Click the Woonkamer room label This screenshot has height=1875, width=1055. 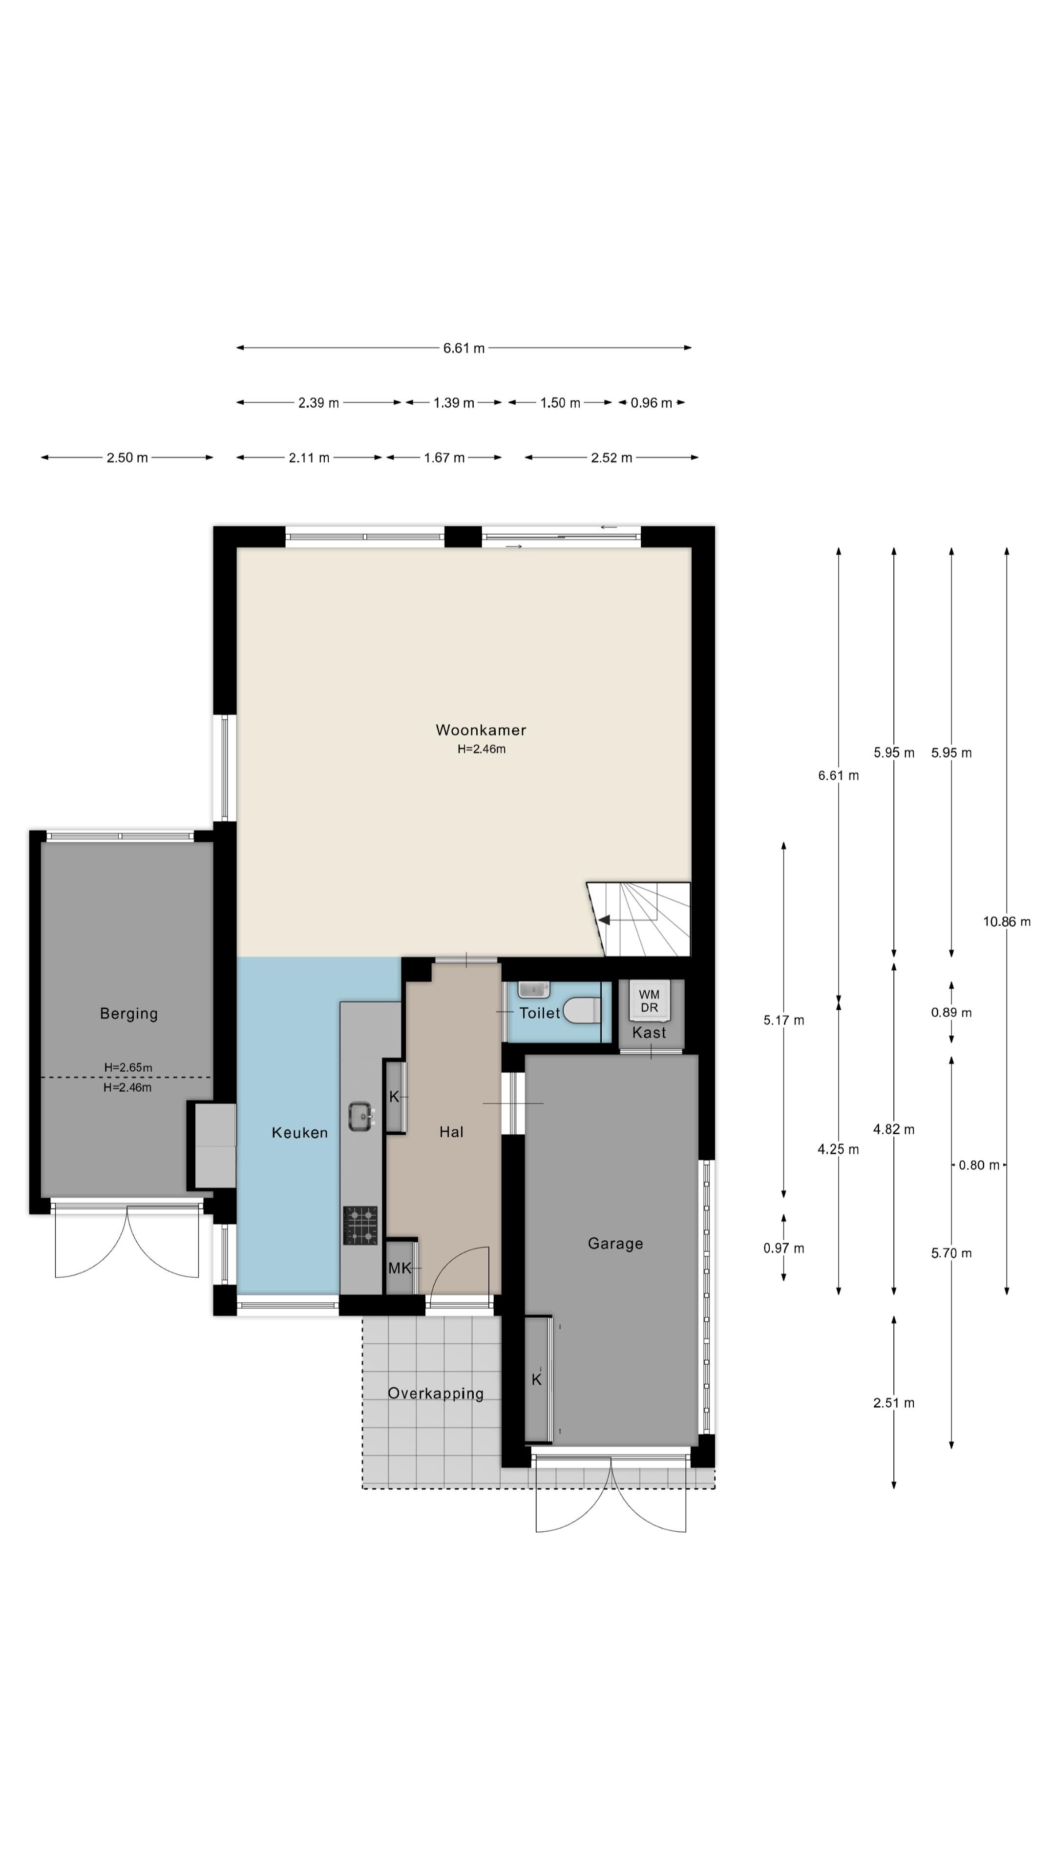click(481, 729)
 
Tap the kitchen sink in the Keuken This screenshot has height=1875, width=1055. click(361, 1116)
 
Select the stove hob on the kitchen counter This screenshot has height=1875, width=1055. click(360, 1225)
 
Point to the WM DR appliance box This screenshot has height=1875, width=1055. click(649, 1000)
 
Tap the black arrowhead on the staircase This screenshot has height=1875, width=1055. click(604, 920)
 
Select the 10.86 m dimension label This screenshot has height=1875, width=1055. click(1006, 921)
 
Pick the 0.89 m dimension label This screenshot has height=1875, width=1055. click(951, 1013)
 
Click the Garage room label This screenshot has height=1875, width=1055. click(615, 1243)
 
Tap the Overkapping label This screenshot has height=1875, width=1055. click(435, 1393)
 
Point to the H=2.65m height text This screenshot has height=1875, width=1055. click(128, 1067)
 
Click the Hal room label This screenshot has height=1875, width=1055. click(451, 1132)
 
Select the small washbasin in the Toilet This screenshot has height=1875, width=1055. click(534, 990)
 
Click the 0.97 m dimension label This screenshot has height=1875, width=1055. click(783, 1249)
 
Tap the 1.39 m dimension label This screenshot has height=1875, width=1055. click(454, 402)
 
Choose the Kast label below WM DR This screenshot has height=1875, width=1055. click(649, 1032)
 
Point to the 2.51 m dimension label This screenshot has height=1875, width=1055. click(893, 1403)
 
